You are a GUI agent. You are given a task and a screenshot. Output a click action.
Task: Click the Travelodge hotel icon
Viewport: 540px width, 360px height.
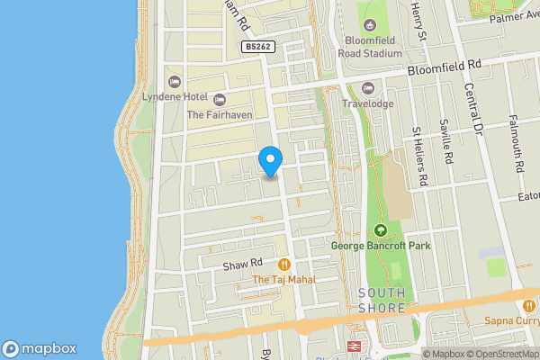[x=367, y=87]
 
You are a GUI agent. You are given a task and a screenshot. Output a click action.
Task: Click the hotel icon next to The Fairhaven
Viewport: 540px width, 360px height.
[x=220, y=98]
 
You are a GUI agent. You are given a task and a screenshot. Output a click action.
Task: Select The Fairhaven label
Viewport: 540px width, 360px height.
[x=219, y=114]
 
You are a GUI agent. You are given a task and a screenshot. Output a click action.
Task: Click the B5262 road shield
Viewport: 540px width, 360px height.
[x=257, y=47]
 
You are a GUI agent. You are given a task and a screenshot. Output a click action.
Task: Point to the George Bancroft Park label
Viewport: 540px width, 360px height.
[x=381, y=246]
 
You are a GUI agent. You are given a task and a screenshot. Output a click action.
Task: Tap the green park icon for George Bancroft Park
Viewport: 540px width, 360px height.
[x=380, y=230]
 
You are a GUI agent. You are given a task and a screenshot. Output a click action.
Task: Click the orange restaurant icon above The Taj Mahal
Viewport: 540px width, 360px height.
[x=284, y=265]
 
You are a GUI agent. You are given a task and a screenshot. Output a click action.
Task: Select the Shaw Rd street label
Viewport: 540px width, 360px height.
[x=242, y=263]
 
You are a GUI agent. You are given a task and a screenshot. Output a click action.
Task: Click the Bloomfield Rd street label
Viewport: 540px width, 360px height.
[x=444, y=66]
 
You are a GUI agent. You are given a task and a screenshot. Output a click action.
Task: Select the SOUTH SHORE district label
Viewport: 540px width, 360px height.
[x=382, y=301]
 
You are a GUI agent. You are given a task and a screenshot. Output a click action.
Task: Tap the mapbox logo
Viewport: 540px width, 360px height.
[x=40, y=349]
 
